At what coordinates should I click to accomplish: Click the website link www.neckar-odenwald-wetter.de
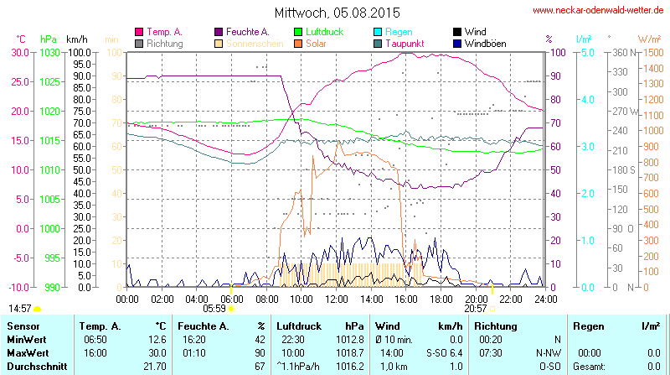(x=599, y=11)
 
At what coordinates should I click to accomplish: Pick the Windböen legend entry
(x=485, y=43)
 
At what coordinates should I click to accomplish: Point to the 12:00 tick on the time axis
(x=336, y=298)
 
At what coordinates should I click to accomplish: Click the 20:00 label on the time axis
(x=476, y=298)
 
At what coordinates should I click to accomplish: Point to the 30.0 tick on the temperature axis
(x=19, y=52)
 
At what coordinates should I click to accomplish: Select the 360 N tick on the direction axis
(x=621, y=52)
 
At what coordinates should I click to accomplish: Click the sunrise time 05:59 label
(x=215, y=309)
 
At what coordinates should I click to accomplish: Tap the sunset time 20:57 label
(x=475, y=309)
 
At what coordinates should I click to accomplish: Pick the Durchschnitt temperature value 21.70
(x=154, y=367)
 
